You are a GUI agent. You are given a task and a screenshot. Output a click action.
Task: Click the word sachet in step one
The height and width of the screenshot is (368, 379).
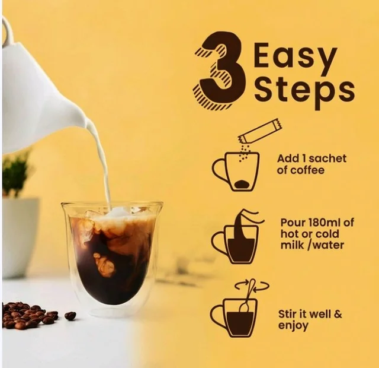[x=327, y=158]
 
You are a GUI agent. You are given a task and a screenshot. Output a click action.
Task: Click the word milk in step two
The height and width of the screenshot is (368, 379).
[x=292, y=245]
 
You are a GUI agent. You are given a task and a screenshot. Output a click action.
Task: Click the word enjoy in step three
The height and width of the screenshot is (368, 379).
[x=293, y=326]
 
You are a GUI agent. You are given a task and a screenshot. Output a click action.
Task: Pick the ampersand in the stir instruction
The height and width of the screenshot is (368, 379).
[x=338, y=314]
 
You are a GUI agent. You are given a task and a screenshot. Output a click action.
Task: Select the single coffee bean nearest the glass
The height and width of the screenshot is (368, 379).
[x=70, y=315]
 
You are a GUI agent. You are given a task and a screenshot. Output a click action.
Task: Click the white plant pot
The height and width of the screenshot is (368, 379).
[x=21, y=237]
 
